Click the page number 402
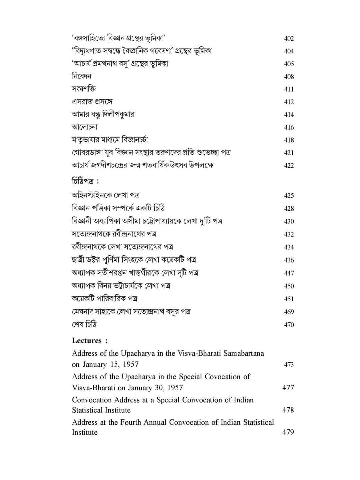pos(289,39)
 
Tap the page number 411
pos(289,89)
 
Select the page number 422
pos(289,166)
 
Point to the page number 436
pos(289,260)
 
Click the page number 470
pos(289,325)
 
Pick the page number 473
pos(289,365)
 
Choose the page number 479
pos(288,432)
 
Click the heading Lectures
pos(87,341)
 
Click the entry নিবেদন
pos(82,76)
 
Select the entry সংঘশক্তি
pos(84,89)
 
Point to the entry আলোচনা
pos(85,127)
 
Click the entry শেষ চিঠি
pos(84,324)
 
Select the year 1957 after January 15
pos(131,364)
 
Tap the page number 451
pos(289,299)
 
